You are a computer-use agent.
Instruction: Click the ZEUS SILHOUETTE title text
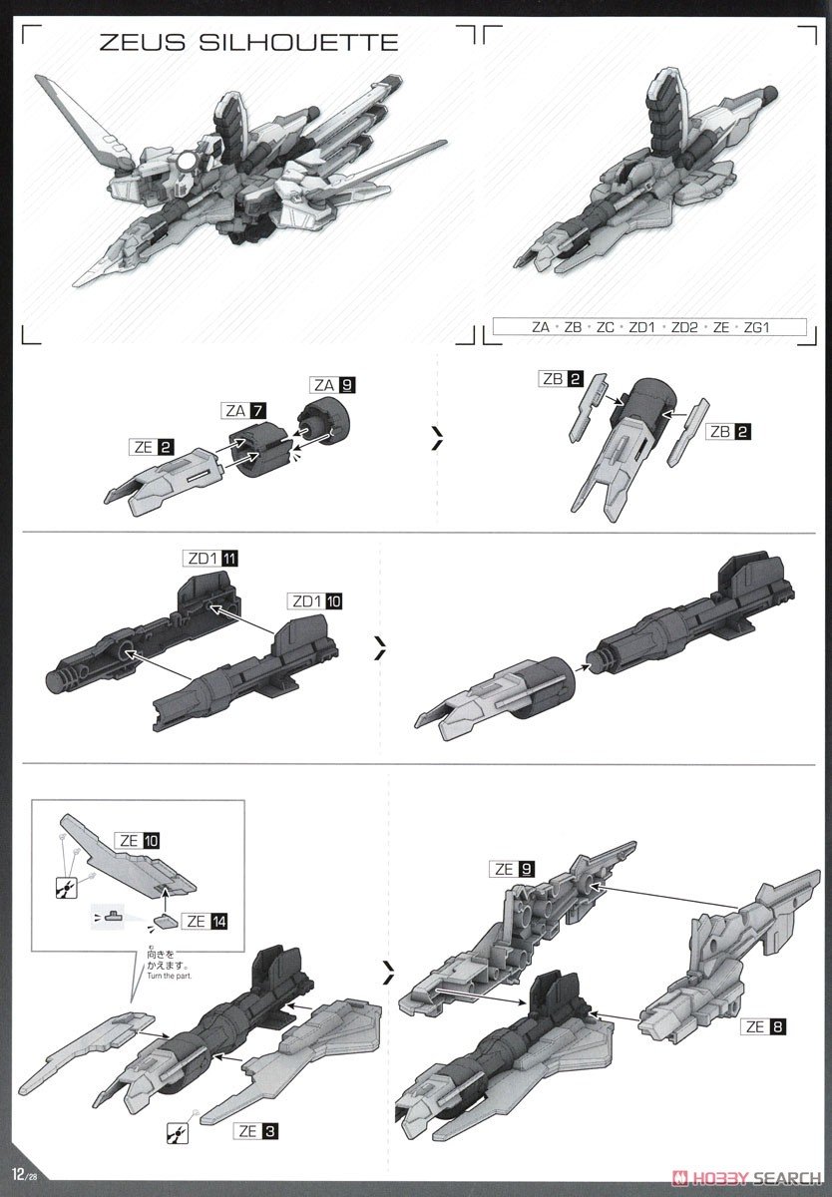(x=248, y=42)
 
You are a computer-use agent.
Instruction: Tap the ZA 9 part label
(x=333, y=384)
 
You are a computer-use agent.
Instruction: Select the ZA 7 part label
(x=243, y=411)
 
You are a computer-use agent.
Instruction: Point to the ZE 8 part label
(x=759, y=1024)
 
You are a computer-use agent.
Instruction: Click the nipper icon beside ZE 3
(x=177, y=1132)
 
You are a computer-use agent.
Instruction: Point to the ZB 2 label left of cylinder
(x=562, y=379)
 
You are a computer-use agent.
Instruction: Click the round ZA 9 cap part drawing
(x=326, y=427)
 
